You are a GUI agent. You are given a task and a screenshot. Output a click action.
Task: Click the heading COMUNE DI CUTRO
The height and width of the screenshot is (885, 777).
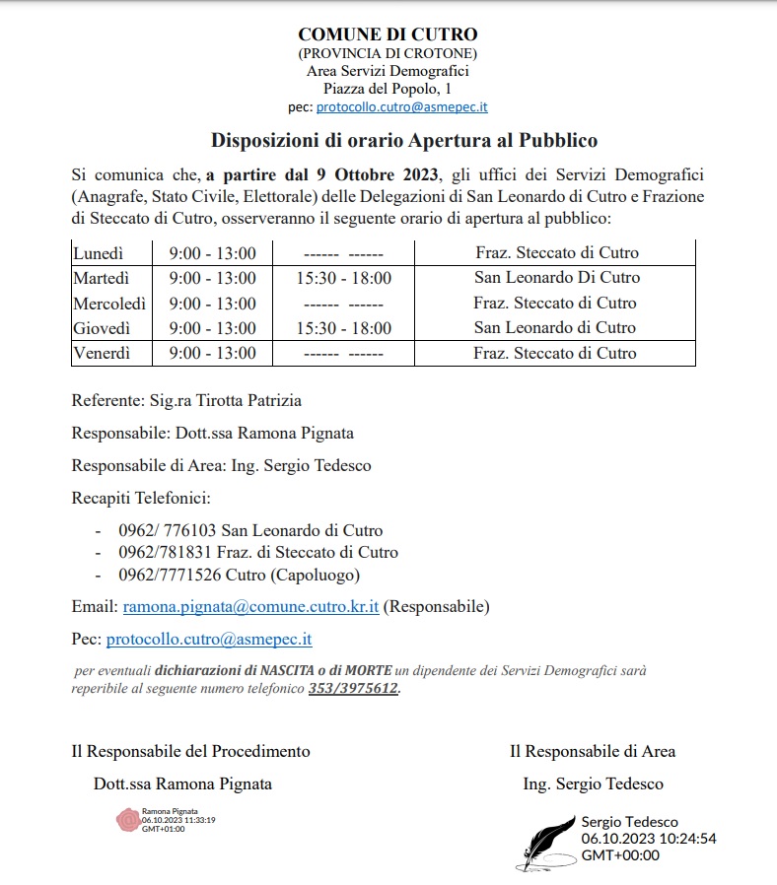point(388,35)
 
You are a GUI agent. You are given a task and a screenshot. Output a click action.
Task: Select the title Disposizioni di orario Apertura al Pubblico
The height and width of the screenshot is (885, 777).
point(404,141)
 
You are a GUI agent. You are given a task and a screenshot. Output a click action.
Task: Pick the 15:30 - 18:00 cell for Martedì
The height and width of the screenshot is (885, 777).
point(343,278)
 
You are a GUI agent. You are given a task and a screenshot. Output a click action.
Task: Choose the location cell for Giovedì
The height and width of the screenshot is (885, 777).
point(555,328)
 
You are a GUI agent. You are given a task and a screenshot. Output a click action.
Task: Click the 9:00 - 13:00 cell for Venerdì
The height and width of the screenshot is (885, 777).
point(212,353)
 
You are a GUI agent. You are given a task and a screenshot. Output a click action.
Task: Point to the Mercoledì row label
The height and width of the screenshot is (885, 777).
point(109,304)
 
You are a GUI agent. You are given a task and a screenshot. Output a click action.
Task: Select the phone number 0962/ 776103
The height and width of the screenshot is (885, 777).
point(167,530)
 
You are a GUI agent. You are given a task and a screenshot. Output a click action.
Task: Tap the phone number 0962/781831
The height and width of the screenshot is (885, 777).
point(164,553)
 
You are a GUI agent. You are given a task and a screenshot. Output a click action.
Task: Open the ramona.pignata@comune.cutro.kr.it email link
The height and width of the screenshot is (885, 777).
point(250,606)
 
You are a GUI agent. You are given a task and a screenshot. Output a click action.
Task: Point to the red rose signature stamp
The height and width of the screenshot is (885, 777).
point(128,819)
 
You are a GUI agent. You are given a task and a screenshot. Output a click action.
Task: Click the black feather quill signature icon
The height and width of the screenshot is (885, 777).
point(550,838)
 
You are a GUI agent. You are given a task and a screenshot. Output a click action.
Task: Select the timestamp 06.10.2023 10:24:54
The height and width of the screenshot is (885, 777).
point(648,839)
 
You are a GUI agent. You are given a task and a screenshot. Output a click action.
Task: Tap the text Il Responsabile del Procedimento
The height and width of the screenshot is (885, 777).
point(190,751)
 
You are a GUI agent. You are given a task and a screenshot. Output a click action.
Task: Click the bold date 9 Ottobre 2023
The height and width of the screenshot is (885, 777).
point(376,175)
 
